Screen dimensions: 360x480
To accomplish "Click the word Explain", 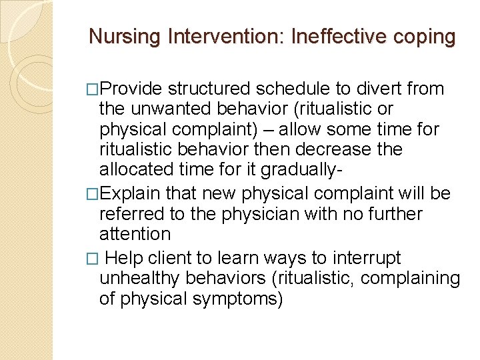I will [x=130, y=194].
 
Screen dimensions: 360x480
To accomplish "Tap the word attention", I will [x=135, y=233].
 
